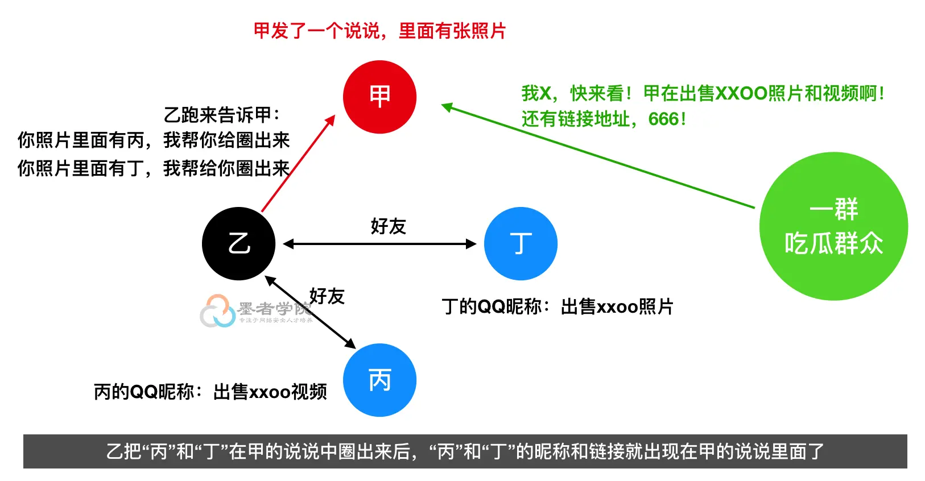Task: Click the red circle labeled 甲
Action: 379,97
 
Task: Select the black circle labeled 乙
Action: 239,244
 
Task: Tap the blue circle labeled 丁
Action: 521,244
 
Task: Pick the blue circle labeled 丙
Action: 379,380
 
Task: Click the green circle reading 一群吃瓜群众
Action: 833,226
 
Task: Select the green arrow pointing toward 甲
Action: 597,156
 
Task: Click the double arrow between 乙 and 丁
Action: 379,244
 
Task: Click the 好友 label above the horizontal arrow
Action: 388,226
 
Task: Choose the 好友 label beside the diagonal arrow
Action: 327,296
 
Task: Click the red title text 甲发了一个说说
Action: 379,31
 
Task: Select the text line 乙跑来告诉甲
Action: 222,115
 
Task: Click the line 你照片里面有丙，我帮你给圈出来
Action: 154,140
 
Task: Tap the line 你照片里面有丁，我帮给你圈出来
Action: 154,168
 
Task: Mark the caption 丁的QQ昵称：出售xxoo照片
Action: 558,306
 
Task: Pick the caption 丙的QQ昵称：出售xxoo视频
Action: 210,391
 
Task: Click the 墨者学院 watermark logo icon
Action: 217,311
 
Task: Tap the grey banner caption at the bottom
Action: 465,451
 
